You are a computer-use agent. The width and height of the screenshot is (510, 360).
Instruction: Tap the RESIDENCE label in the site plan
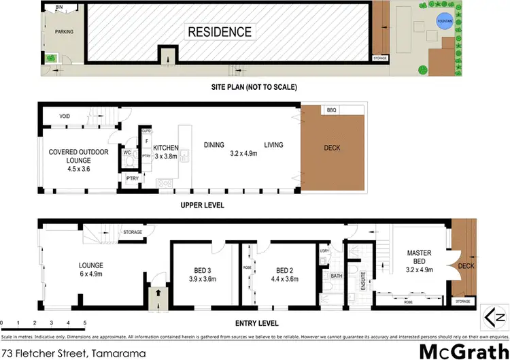pyautogui.click(x=220, y=32)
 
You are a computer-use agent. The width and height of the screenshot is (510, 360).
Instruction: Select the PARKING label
pyautogui.click(x=64, y=31)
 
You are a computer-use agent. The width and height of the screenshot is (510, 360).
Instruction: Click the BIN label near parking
pyautogui.click(x=59, y=7)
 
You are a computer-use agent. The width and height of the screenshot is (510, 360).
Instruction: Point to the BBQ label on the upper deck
pyautogui.click(x=331, y=110)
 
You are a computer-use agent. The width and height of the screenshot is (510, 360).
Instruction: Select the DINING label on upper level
pyautogui.click(x=214, y=145)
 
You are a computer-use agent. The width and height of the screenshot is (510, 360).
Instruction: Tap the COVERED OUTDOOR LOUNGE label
pyautogui.click(x=76, y=156)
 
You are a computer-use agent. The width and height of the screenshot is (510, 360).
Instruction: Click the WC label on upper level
pyautogui.click(x=126, y=153)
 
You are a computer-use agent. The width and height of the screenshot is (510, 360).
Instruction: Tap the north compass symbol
pyautogui.click(x=494, y=314)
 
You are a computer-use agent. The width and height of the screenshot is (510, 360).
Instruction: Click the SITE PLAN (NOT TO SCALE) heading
pyautogui.click(x=254, y=87)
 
